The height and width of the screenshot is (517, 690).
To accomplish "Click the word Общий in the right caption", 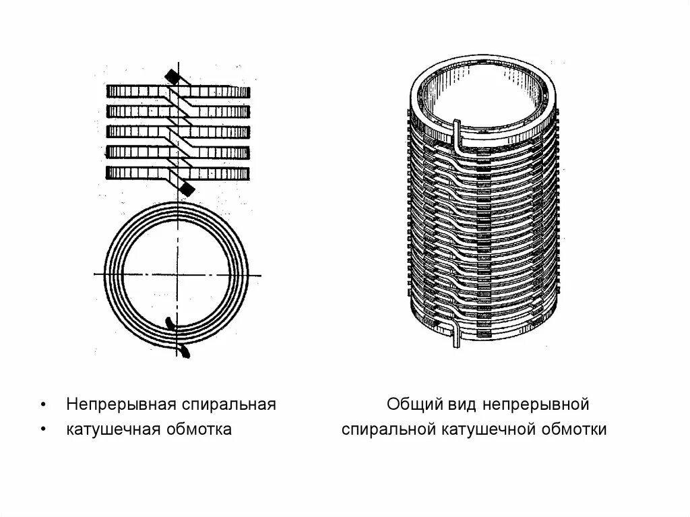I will pos(412,404).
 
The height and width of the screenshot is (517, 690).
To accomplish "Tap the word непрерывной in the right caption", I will pos(533,404).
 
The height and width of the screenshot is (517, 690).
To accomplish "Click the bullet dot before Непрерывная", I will pos(43,405).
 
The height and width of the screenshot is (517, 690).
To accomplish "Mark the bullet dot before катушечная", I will pos(43,430).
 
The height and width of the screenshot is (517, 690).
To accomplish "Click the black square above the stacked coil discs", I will pos(172,78).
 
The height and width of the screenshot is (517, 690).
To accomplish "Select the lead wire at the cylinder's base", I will pos(454,334).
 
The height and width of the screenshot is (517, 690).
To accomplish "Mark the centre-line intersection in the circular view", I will pos(178,274).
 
